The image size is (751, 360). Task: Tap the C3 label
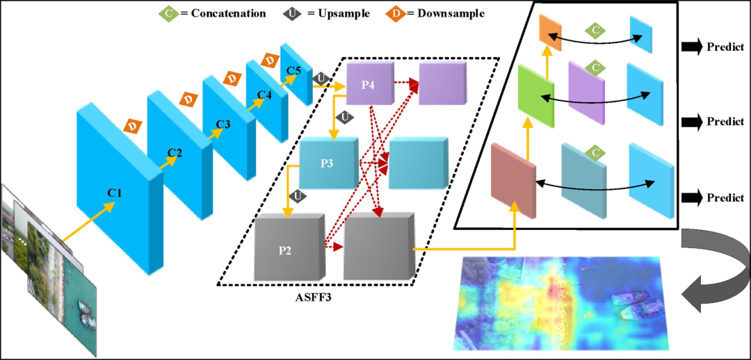pos(223,124)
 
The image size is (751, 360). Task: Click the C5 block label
pos(294,70)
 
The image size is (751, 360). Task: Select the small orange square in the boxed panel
pos(549,31)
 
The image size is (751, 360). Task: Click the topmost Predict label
pos(725,47)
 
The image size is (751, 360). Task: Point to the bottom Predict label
pos(725,197)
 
